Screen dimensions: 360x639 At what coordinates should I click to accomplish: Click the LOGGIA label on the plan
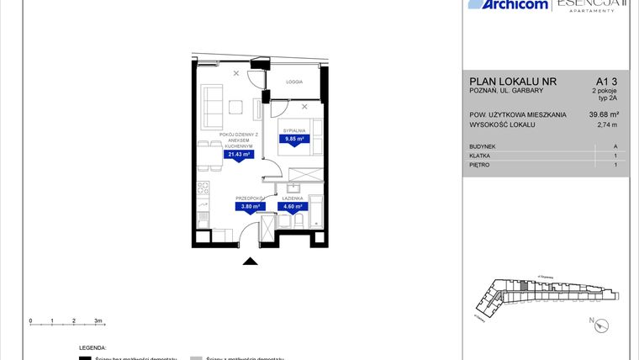pyautogui.click(x=294, y=82)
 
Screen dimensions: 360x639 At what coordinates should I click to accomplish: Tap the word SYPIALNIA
pyautogui.click(x=294, y=131)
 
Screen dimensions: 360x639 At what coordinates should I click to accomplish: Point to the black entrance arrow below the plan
pyautogui.click(x=250, y=262)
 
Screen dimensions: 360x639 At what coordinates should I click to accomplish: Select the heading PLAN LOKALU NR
pyautogui.click(x=514, y=81)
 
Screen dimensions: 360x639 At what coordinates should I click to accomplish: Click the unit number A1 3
pyautogui.click(x=605, y=81)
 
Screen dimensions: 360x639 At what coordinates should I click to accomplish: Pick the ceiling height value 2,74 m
pyautogui.click(x=607, y=125)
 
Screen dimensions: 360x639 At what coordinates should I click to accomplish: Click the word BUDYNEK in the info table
pyautogui.click(x=483, y=146)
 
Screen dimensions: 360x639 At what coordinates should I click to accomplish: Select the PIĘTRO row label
pyautogui.click(x=480, y=165)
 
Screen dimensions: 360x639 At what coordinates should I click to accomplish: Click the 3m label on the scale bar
pyautogui.click(x=98, y=321)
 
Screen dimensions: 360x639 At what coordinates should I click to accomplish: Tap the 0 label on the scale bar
pyautogui.click(x=30, y=321)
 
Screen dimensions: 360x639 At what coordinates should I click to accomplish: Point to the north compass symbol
pyautogui.click(x=594, y=320)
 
